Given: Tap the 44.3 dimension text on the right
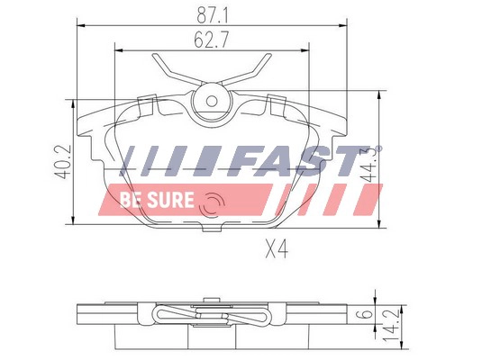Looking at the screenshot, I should tap(368, 165).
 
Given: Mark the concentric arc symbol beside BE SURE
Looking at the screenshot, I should tap(213, 205).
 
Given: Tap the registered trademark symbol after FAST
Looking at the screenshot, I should tap(378, 148).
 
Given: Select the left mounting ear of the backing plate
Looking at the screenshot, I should tap(90, 121).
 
